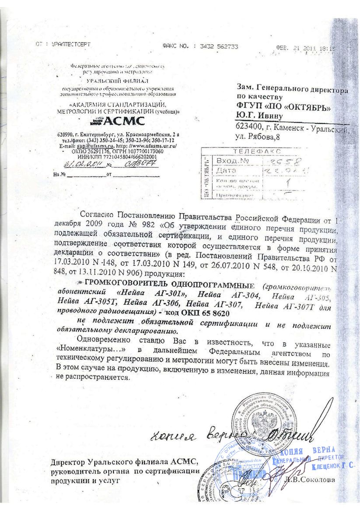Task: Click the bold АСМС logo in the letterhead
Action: [119, 121]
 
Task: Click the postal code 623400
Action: [250, 127]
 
